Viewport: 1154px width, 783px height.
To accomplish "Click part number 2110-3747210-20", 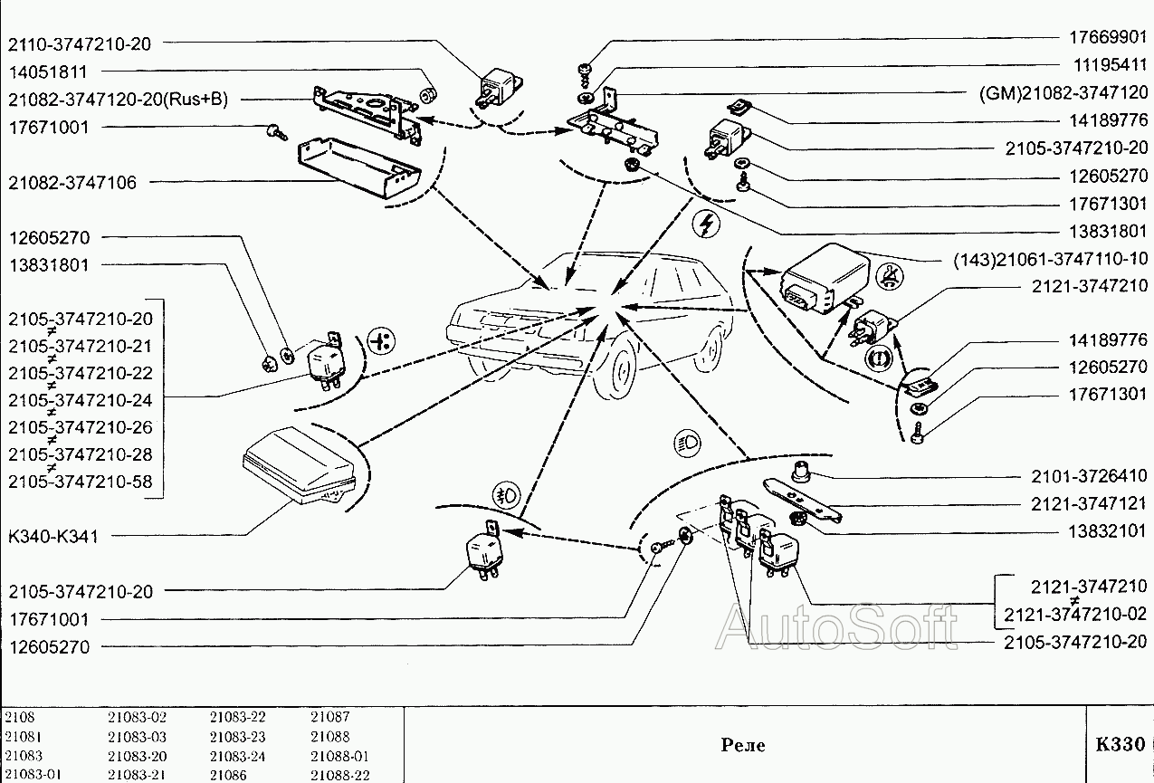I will [81, 43].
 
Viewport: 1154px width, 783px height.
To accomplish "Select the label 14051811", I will [49, 72].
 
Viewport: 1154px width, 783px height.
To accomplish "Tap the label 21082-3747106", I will [73, 183].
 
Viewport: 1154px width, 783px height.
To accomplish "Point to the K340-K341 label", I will [53, 536].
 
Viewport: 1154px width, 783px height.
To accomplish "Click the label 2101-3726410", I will [1089, 476].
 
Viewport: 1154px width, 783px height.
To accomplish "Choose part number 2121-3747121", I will [1089, 503].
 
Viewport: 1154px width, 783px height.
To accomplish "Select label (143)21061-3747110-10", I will [1051, 258].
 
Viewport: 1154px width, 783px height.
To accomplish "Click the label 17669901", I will [1105, 38].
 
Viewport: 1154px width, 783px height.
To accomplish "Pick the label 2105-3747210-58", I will [81, 482].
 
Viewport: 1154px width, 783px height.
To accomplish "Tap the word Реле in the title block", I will [743, 745].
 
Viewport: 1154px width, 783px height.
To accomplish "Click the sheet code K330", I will [1120, 745].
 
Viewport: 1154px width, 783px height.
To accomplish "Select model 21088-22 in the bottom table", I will [339, 776].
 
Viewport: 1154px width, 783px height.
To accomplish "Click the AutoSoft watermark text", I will [836, 626].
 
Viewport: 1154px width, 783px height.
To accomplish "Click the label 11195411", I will [1105, 65].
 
